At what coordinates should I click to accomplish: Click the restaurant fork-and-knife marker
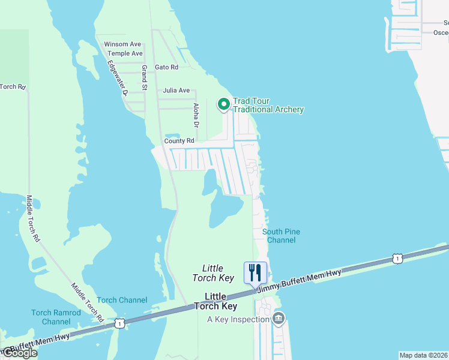pos(255,272)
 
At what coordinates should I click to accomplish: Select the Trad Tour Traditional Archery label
pos(268,105)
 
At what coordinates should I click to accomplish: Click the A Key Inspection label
pos(238,319)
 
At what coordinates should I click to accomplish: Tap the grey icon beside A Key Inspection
pos(279,318)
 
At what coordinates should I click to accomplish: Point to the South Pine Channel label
pos(282,236)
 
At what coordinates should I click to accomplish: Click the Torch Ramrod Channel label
pos(56,317)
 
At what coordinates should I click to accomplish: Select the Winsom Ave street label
pos(122,44)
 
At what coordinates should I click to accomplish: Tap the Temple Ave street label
pos(123,53)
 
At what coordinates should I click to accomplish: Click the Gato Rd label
pos(167,67)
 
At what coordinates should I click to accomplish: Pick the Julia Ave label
pos(176,91)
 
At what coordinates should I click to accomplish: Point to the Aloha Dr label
pos(196,115)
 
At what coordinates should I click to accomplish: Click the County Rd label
pos(179,141)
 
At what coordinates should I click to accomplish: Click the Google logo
pos(20,353)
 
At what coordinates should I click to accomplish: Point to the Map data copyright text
pos(424,355)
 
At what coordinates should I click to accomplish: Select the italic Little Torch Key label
pos(213,273)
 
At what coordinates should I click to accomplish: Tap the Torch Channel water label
pos(122,300)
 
